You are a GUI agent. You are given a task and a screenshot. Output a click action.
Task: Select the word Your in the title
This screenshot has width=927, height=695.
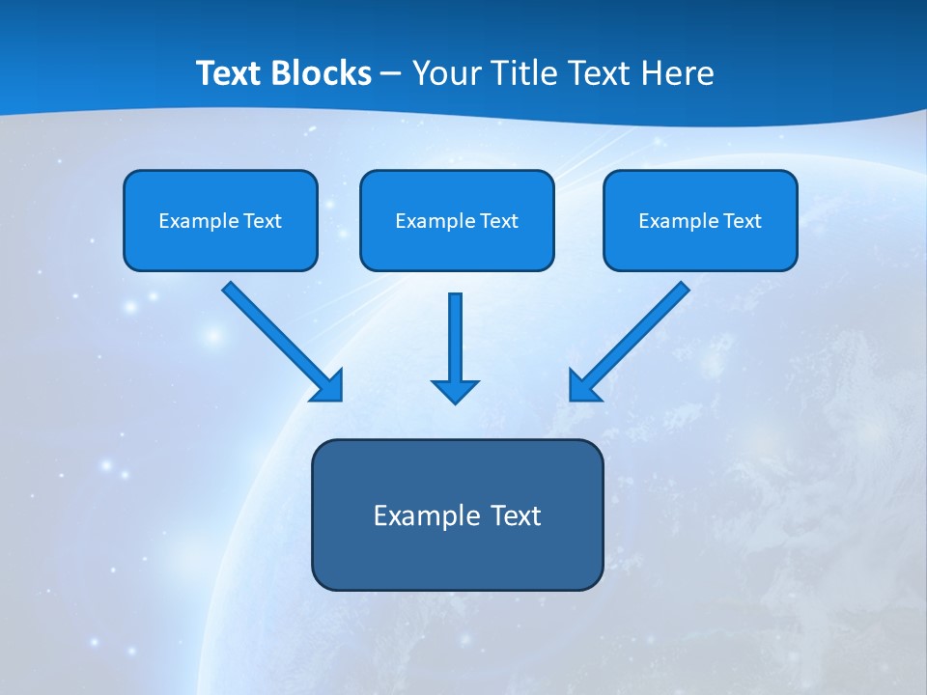tap(447, 73)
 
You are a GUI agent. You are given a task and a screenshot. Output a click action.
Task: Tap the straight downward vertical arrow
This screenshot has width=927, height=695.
tap(455, 338)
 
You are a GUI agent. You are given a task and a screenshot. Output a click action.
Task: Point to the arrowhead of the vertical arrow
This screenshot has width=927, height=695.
tap(455, 390)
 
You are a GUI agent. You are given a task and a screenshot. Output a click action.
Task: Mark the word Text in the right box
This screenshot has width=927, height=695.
tap(743, 221)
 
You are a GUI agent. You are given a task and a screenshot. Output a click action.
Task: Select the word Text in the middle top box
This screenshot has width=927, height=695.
tap(499, 221)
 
